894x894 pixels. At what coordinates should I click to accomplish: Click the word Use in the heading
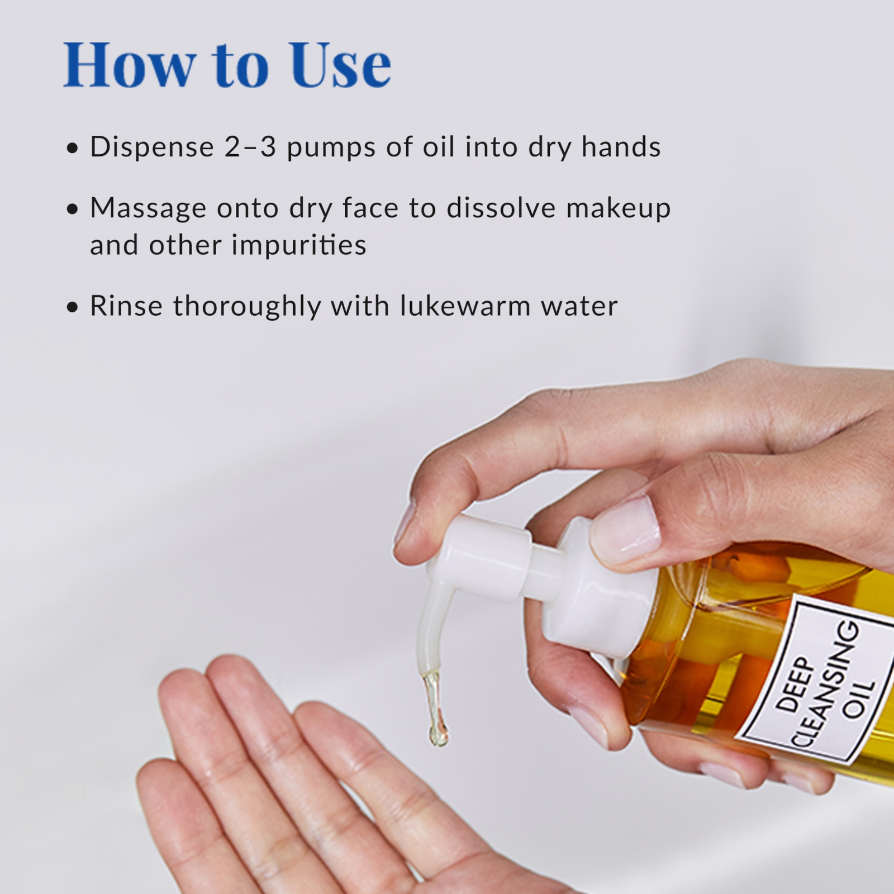339,66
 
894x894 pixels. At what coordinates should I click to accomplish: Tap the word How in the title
130,66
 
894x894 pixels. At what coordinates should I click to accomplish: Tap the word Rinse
126,306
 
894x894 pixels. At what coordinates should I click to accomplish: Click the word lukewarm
465,306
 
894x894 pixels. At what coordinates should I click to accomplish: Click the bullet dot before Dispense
72,149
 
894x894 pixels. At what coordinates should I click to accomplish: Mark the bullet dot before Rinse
72,307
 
